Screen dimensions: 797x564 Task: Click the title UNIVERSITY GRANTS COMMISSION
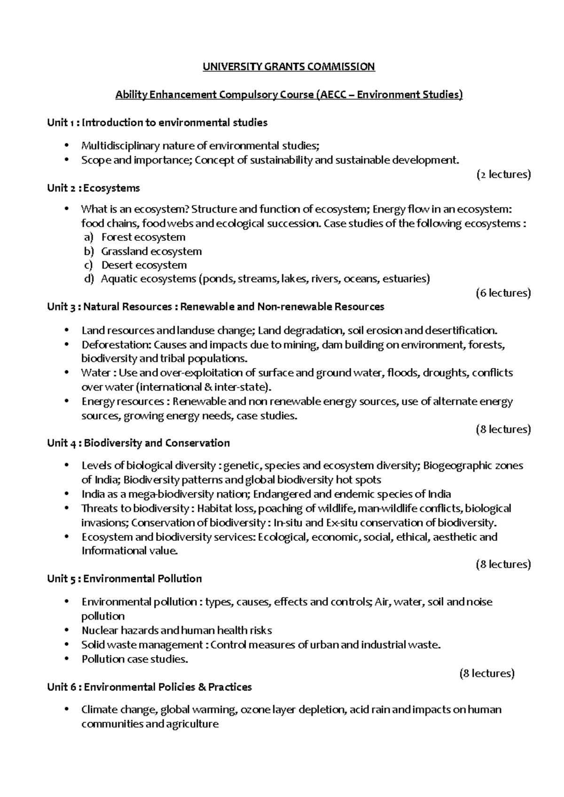[289, 67]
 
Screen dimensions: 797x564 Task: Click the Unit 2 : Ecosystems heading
[94, 188]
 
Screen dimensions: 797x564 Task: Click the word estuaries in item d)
[406, 279]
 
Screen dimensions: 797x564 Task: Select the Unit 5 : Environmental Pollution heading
[125, 579]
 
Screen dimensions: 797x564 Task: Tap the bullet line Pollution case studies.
[134, 659]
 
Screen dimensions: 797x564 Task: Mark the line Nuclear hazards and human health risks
[177, 630]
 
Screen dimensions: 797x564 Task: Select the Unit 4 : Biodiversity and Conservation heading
[139, 443]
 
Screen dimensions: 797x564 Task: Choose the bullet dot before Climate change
[69, 709]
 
